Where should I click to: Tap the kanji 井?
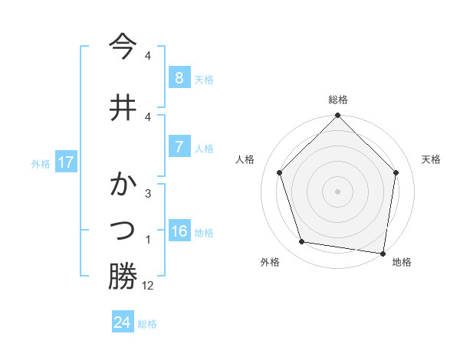(123, 107)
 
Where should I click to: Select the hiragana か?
(123, 186)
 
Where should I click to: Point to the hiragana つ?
(123, 229)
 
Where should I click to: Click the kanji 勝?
(123, 277)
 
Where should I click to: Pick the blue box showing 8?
(179, 77)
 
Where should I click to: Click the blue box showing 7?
(179, 147)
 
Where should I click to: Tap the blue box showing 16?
(179, 231)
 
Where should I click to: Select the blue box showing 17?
(65, 162)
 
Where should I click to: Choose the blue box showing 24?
(122, 322)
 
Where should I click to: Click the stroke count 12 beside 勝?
(148, 286)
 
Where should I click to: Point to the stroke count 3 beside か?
(148, 194)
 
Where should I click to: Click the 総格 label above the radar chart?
(337, 100)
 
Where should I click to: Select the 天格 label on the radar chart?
(431, 159)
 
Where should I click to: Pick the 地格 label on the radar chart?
(402, 262)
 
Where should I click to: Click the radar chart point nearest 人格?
(280, 173)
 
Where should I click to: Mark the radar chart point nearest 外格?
(302, 242)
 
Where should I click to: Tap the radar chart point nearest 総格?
(337, 116)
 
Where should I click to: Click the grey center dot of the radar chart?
(337, 191)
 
